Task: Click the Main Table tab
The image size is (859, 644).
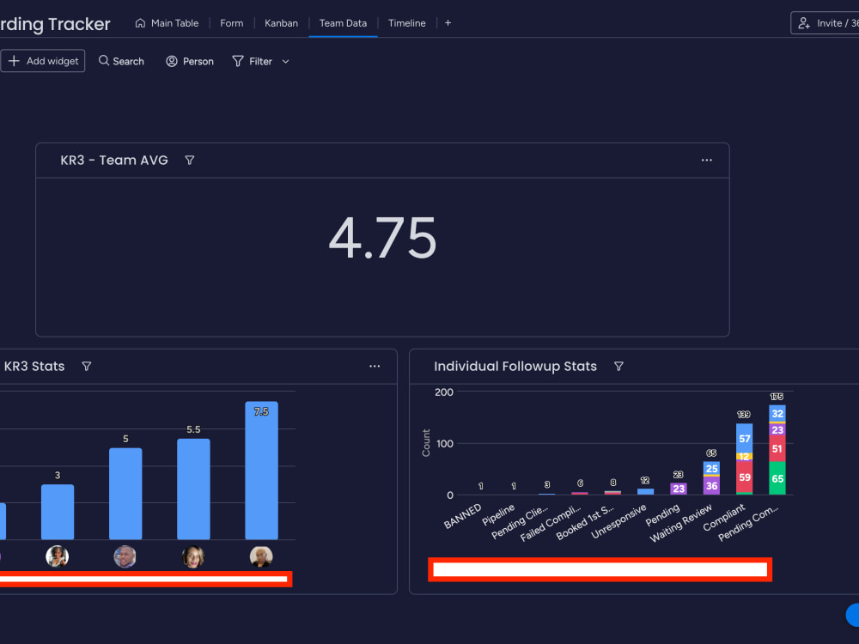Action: pos(168,23)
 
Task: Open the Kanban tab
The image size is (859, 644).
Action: pos(281,23)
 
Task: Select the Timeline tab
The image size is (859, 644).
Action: pos(406,23)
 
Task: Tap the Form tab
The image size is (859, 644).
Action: pos(231,23)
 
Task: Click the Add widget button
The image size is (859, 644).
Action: pos(43,61)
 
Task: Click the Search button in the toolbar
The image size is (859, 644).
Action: pos(121,61)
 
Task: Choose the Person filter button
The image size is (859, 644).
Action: pos(190,61)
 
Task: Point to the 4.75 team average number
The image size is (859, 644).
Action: pos(382,238)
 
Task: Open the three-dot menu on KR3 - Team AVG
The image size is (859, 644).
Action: pos(707,160)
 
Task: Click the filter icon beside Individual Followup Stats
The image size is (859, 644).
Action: pos(618,366)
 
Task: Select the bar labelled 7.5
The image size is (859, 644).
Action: pos(261,471)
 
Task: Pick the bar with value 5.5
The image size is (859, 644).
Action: pos(193,489)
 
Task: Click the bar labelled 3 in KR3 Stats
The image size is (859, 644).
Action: pos(58,512)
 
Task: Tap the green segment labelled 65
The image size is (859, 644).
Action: pos(777,478)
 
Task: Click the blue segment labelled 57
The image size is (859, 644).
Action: pos(744,438)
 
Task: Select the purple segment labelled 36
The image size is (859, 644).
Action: pos(711,486)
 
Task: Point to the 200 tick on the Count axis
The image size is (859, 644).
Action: pos(444,392)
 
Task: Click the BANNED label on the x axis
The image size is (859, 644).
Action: pos(462,516)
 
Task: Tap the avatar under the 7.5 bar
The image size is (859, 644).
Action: pos(261,556)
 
